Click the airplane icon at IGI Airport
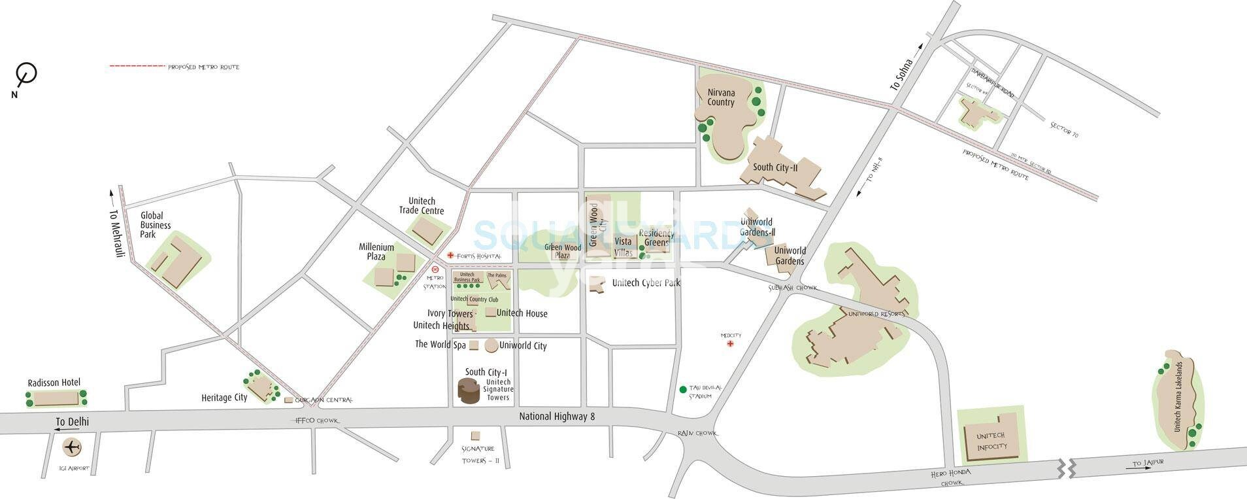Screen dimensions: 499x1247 pyautogui.click(x=71, y=448)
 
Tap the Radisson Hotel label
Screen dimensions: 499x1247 pyautogui.click(x=54, y=383)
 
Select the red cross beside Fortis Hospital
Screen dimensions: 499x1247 pyautogui.click(x=450, y=255)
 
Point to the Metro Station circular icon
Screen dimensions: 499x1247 pyautogui.click(x=435, y=269)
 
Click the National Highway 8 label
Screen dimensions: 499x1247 pyautogui.click(x=557, y=417)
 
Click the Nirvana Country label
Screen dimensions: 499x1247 pyautogui.click(x=721, y=98)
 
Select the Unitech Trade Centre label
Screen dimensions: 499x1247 pyautogui.click(x=422, y=206)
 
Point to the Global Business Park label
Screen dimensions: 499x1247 pyautogui.click(x=156, y=224)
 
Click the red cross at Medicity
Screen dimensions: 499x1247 pyautogui.click(x=731, y=343)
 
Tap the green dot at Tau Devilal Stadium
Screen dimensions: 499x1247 pyautogui.click(x=683, y=389)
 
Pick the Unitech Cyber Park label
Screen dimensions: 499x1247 pyautogui.click(x=646, y=283)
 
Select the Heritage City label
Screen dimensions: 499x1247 pyautogui.click(x=224, y=398)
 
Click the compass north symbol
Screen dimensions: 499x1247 pyautogui.click(x=26, y=74)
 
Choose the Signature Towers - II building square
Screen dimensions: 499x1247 pyautogui.click(x=475, y=435)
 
